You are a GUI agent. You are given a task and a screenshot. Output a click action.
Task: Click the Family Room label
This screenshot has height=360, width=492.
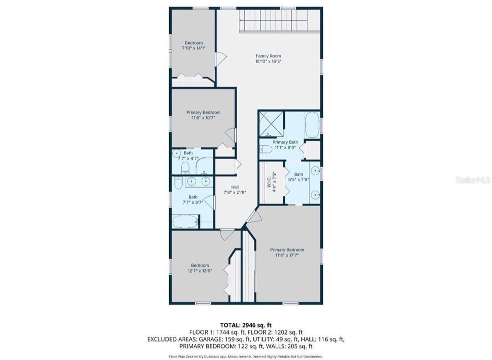(x=268, y=56)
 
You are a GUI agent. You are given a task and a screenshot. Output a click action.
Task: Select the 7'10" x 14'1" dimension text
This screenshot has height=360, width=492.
(x=193, y=48)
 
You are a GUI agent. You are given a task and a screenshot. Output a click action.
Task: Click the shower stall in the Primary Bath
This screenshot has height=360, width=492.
(x=271, y=124)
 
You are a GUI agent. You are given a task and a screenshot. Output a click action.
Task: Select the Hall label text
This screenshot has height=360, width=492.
(x=235, y=186)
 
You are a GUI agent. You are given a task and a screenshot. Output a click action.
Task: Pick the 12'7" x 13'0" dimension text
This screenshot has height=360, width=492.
(x=200, y=271)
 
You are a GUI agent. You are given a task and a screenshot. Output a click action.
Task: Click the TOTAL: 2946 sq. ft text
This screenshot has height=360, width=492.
(x=245, y=324)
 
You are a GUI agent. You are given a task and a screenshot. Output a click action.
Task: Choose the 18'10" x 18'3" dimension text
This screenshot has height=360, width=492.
(x=268, y=62)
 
